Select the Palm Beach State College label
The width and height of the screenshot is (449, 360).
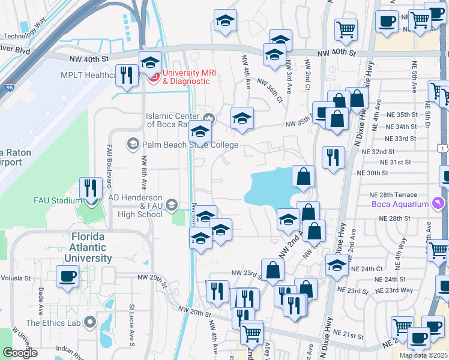190,145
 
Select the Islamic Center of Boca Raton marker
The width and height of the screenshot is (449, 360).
209,116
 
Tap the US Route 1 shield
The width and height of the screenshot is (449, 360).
442,148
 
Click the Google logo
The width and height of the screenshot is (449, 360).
20,353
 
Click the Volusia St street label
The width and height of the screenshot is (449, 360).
15,278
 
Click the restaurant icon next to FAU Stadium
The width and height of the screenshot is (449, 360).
91,188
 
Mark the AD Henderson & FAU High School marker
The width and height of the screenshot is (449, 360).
171,205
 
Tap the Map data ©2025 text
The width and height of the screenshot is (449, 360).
424,355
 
